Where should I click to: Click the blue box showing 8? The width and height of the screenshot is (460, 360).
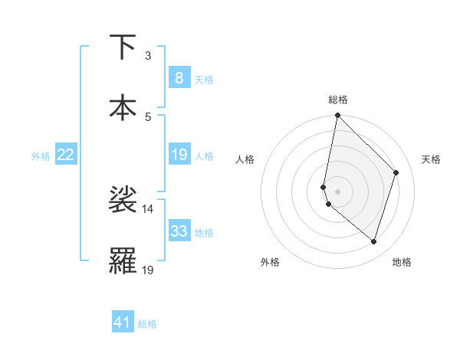(179, 77)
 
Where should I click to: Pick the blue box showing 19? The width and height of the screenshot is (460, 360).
(179, 155)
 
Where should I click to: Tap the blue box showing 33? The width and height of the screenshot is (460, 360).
(179, 231)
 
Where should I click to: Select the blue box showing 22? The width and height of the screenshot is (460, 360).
(65, 155)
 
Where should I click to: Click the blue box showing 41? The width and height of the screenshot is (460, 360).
(123, 322)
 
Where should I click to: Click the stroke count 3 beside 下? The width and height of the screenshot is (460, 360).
(148, 56)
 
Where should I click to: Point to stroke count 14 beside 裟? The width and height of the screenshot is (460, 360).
(148, 208)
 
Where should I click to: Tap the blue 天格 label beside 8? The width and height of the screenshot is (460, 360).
(204, 79)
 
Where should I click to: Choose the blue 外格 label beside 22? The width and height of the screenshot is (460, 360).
(41, 156)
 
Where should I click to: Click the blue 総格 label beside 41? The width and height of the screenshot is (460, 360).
(147, 324)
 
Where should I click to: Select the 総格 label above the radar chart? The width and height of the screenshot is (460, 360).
(337, 100)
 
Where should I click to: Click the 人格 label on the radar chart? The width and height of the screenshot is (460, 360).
(245, 159)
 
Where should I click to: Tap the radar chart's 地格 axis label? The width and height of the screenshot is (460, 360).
(402, 262)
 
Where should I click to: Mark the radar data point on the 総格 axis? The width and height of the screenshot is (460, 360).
(337, 116)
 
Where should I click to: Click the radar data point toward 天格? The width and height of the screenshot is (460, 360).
(396, 172)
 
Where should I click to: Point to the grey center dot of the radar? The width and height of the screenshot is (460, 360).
(337, 191)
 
